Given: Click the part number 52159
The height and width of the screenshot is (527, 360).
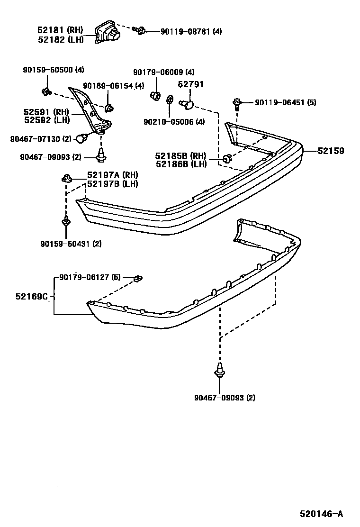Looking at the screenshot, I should (331, 151).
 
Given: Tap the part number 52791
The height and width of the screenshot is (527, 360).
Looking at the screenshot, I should (190, 84).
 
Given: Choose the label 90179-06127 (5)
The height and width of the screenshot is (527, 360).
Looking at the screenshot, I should (90, 277).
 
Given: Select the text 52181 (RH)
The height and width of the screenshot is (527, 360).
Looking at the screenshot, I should (60, 30).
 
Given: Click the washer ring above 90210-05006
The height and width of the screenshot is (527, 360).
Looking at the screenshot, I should (170, 100).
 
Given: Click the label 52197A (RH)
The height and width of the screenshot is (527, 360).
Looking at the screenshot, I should (112, 175).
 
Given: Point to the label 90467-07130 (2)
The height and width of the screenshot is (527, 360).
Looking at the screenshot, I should (40, 138).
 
